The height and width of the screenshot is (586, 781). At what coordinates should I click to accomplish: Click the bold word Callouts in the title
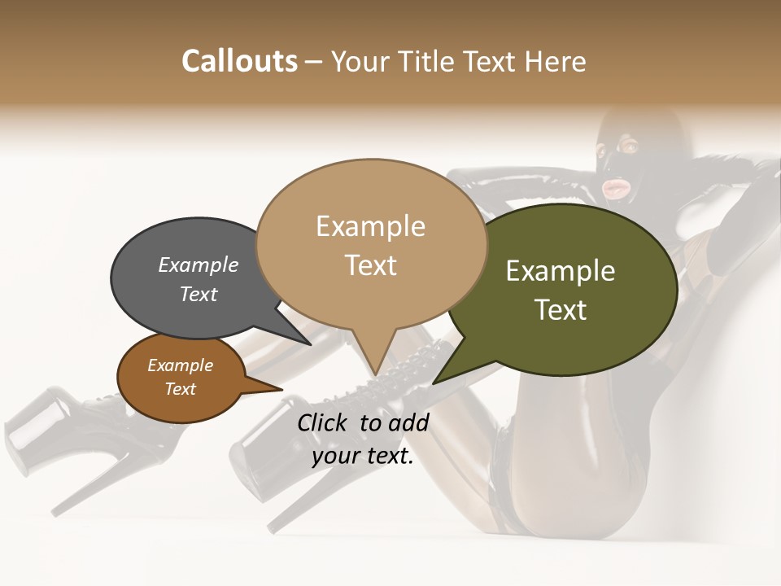(x=239, y=61)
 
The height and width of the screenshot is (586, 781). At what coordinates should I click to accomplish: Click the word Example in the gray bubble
(x=199, y=265)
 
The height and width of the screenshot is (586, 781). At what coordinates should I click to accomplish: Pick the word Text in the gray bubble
(x=199, y=294)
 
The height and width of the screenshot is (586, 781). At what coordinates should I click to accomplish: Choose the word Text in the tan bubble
(x=370, y=265)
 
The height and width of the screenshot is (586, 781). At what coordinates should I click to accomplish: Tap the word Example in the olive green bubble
(x=561, y=271)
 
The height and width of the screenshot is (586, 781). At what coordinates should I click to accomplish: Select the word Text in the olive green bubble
(x=561, y=310)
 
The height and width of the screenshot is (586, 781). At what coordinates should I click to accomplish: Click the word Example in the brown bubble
(x=180, y=365)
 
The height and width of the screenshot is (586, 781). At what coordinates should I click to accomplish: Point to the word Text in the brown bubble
(x=180, y=389)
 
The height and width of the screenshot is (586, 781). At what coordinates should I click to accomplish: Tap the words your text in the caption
(x=363, y=456)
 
